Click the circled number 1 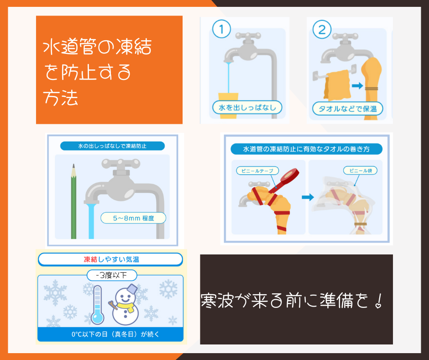tap(222, 29)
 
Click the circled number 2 tap(322, 29)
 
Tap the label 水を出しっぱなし tap(247, 107)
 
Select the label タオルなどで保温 tap(347, 109)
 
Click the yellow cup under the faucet tap(228, 106)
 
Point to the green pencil tap(73, 201)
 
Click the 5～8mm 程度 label tap(133, 218)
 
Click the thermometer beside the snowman tap(97, 305)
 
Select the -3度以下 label tap(112, 275)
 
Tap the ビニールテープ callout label tap(257, 171)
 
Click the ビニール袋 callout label tap(361, 170)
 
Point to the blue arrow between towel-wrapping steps tap(308, 197)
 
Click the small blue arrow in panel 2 tap(357, 86)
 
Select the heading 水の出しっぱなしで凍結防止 tap(112, 146)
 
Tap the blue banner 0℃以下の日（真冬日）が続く tap(115, 334)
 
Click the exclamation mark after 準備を tap(379, 301)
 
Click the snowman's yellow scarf tap(126, 306)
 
